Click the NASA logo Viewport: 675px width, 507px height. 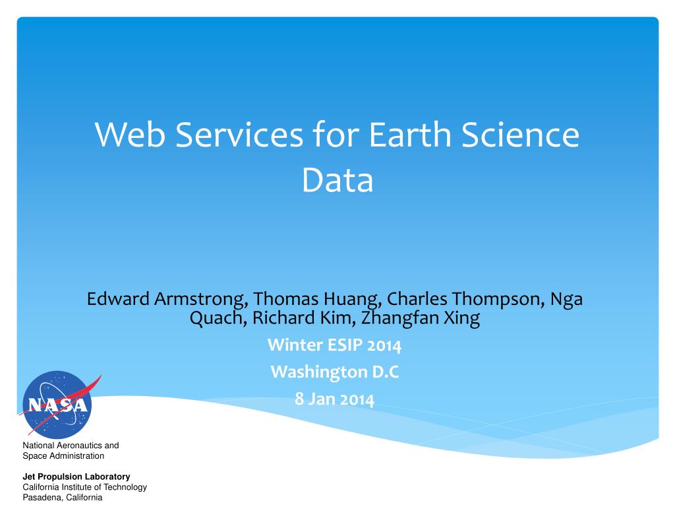click(x=58, y=405)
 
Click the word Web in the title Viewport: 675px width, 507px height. click(x=130, y=135)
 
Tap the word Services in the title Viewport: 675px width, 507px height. click(x=239, y=135)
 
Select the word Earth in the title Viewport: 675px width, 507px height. click(x=410, y=135)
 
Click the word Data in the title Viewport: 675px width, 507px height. click(x=337, y=180)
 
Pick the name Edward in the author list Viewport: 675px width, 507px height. click(x=118, y=299)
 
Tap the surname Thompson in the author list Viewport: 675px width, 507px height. click(x=498, y=300)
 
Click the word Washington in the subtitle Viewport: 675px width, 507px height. click(x=319, y=372)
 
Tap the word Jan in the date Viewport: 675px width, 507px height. click(x=322, y=399)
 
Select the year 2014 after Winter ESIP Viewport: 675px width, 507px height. click(x=384, y=346)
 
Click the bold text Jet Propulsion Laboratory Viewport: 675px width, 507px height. click(x=76, y=477)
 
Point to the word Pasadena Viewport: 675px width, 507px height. click(x=42, y=498)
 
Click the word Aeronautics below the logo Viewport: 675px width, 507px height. click(x=80, y=446)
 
